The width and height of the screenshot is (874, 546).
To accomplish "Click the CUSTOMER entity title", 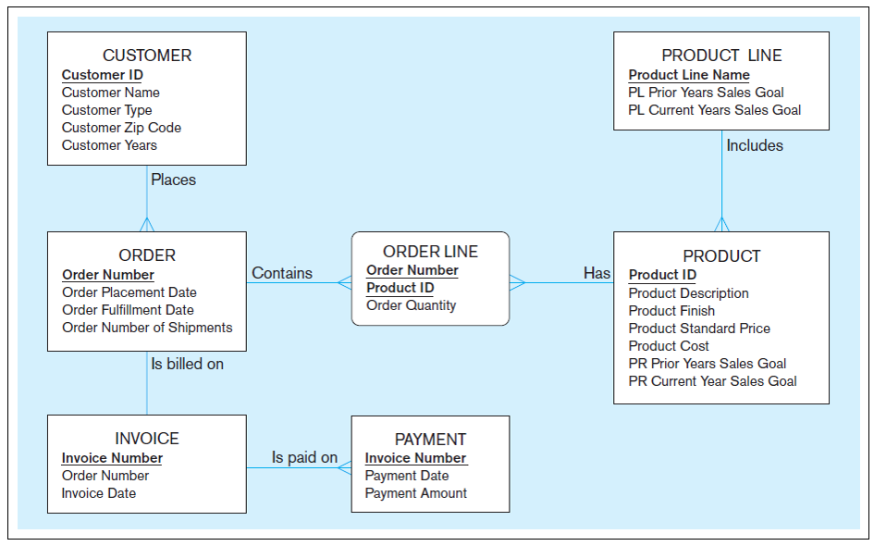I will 147,56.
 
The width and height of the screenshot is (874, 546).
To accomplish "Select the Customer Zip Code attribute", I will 121,128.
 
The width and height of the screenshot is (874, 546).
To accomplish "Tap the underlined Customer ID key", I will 102,75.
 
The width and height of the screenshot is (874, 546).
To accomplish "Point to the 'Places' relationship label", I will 173,180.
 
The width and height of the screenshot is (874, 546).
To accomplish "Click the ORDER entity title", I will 147,255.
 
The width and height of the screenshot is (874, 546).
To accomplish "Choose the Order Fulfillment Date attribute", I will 128,310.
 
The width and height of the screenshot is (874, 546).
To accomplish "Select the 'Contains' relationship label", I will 282,273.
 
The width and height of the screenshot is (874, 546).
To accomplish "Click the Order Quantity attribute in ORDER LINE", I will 411,305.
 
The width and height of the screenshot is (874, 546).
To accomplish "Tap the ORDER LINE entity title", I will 430,252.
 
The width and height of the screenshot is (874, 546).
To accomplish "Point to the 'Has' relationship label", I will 597,273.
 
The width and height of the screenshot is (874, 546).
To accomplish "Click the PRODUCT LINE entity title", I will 721,56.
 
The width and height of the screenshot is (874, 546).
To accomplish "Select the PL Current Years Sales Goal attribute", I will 714,110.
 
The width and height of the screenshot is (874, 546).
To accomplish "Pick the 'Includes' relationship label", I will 754,145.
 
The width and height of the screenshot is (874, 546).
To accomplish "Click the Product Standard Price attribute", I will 698,329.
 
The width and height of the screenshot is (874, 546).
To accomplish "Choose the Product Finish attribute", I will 671,311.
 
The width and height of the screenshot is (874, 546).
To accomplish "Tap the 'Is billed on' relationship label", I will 187,364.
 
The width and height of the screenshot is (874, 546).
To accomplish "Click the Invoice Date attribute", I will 98,493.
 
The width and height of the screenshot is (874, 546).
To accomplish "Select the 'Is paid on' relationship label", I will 304,457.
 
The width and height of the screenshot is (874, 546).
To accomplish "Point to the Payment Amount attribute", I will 415,493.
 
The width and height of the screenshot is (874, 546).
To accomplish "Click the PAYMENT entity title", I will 430,440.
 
